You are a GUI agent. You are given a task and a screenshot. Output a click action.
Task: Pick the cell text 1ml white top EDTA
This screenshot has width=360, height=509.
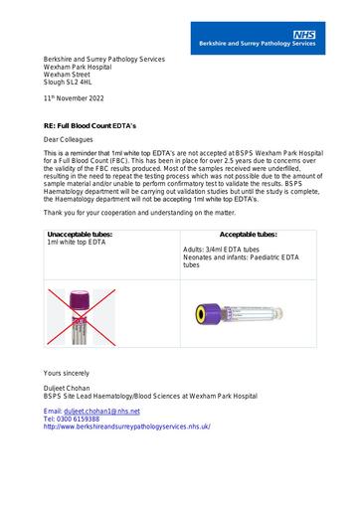[77, 243]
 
